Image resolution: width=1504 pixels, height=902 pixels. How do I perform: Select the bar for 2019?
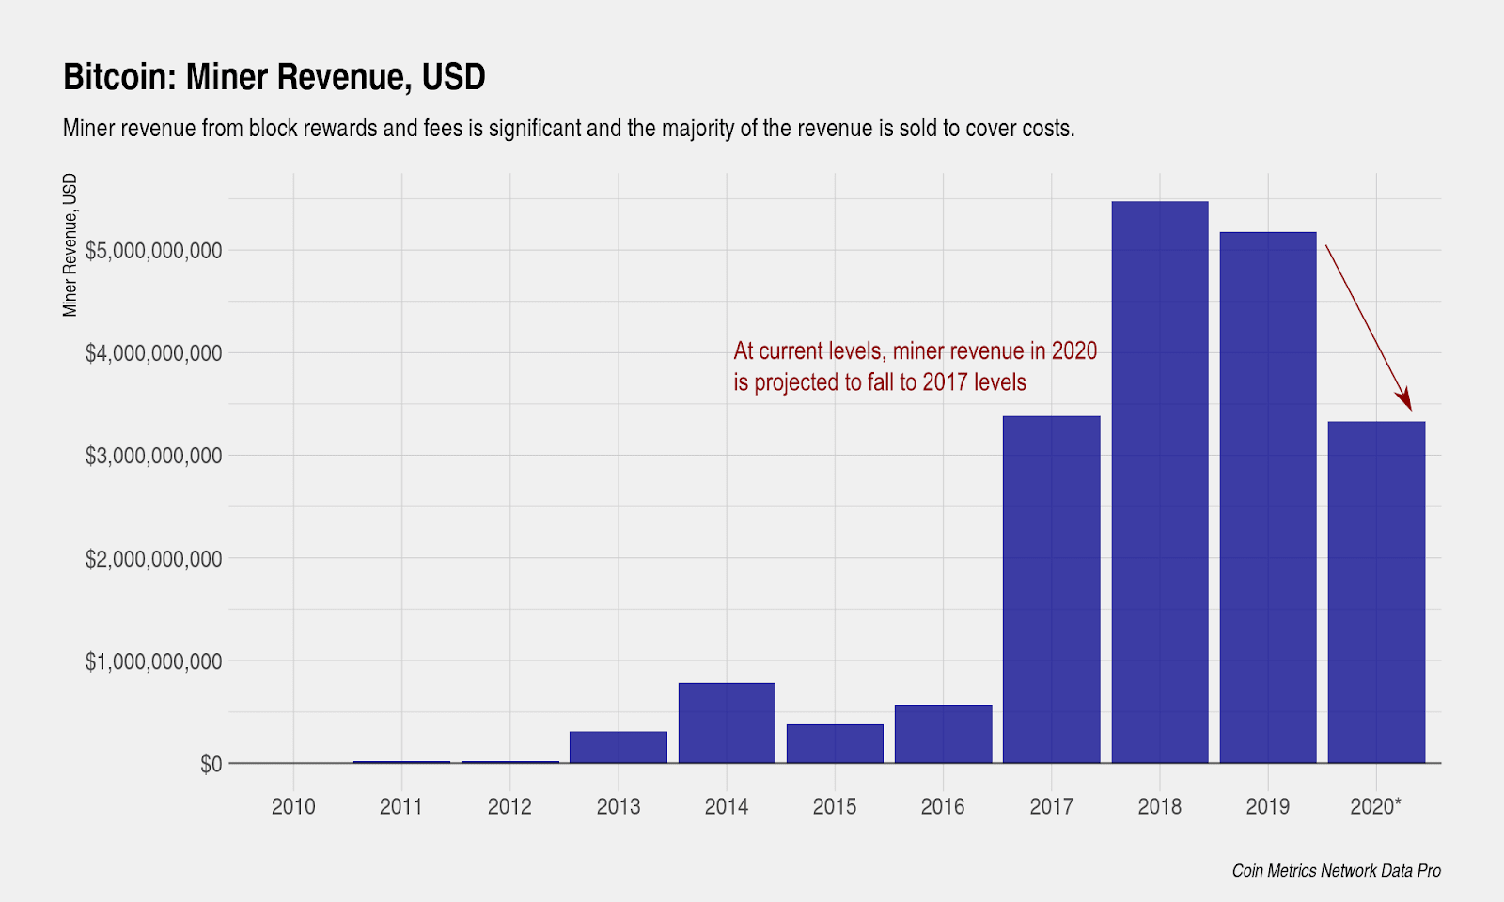point(1267,497)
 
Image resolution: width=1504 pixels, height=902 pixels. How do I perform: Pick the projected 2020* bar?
point(1376,592)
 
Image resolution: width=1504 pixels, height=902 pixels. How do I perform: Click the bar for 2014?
point(727,723)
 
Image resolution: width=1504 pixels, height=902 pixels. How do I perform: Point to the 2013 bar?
point(619,747)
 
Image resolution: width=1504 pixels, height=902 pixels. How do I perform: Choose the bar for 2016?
point(943,734)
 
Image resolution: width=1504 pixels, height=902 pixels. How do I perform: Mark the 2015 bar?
point(835,743)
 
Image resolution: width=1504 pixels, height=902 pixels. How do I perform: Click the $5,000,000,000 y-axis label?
point(153,251)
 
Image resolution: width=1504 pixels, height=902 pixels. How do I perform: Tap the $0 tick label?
point(211,765)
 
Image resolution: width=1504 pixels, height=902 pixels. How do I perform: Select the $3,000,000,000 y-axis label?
point(153,457)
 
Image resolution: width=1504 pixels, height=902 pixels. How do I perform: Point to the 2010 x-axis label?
point(293,806)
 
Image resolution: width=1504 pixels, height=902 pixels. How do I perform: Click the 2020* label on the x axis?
point(1375,806)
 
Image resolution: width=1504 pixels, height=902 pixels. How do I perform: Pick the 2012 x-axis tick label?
point(509,806)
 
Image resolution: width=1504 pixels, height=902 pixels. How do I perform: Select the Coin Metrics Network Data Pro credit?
point(1336,871)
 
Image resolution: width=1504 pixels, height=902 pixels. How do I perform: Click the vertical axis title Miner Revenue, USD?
point(70,245)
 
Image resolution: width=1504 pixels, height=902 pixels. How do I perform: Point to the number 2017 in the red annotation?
point(946,382)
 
